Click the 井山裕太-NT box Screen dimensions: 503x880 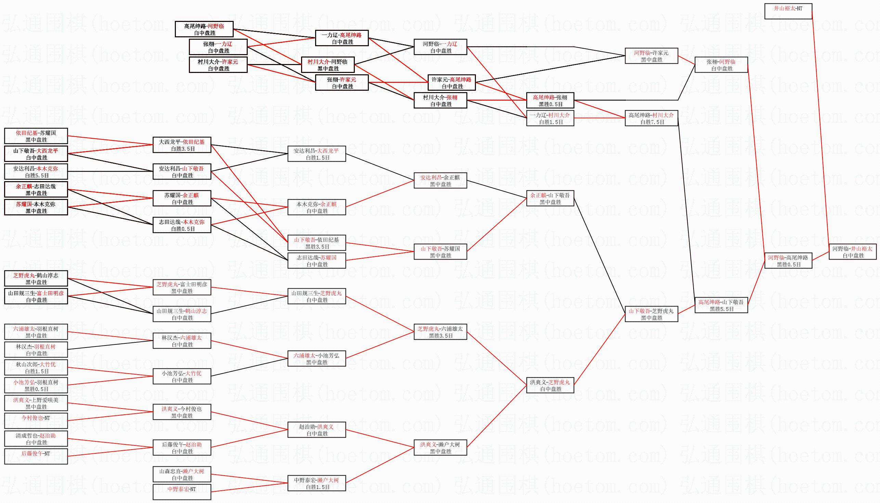[788, 11]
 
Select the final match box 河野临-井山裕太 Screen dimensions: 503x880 [852, 252]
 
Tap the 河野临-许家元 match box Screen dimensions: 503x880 [651, 56]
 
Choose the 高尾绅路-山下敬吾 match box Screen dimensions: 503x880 [721, 305]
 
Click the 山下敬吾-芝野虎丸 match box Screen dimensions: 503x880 [651, 314]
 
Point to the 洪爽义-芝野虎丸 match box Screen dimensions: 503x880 [550, 385]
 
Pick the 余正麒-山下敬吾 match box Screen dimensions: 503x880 [550, 198]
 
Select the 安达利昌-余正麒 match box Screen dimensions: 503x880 [440, 181]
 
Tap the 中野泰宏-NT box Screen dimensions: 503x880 [182, 492]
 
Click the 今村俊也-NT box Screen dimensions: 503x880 [36, 421]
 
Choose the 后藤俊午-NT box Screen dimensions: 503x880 [36, 457]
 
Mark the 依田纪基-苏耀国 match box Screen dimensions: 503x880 [36, 136]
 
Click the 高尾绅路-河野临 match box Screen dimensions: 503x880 [204, 29]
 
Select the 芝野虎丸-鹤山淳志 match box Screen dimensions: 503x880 [36, 278]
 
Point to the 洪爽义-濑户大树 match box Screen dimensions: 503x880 [440, 448]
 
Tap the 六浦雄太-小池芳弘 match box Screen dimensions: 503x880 [317, 359]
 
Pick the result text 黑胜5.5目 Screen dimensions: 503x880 [722, 309]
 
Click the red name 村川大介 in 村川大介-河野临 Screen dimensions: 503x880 [318, 62]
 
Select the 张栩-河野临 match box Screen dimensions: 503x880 [721, 65]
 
